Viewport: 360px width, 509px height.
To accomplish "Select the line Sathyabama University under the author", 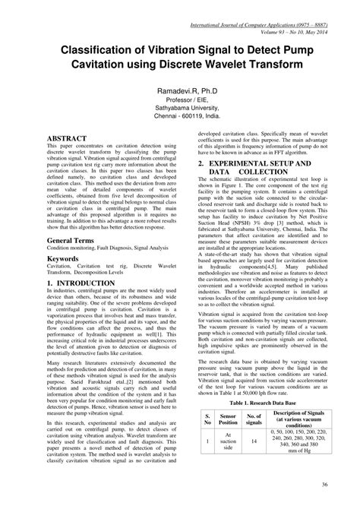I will (x=180, y=108).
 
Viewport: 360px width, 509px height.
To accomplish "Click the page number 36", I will (x=324, y=485).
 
